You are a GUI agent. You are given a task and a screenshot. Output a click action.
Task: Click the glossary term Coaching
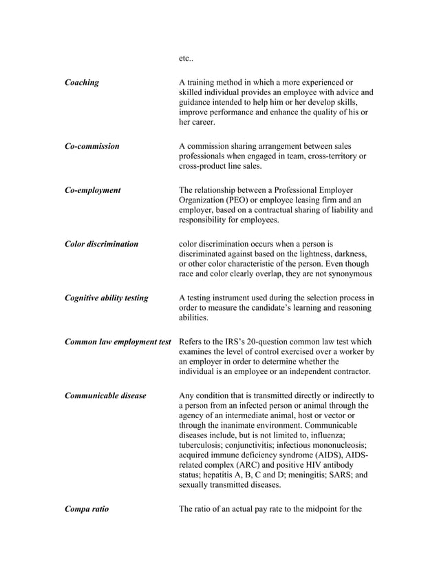[x=81, y=83]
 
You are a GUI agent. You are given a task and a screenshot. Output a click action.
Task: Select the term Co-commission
[x=92, y=146]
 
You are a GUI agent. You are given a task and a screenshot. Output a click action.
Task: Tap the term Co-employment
[x=92, y=189]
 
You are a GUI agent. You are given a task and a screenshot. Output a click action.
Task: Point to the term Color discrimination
[x=101, y=243]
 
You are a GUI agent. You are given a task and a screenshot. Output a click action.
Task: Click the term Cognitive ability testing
[x=106, y=298]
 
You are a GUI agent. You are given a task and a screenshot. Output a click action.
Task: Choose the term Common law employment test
[x=117, y=342]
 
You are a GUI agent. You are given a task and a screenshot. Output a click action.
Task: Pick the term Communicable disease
[x=105, y=395]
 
